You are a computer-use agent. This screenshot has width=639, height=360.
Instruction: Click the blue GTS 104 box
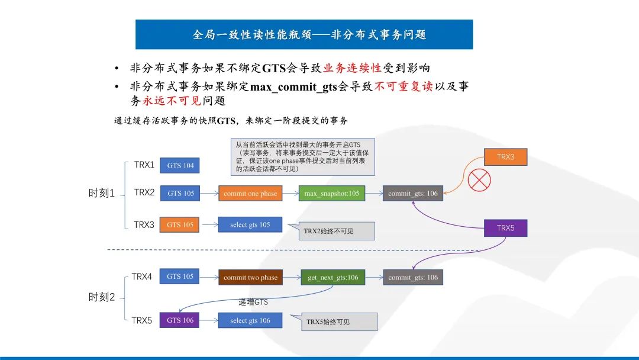(x=180, y=165)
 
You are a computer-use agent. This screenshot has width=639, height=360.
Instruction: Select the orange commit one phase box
(x=250, y=194)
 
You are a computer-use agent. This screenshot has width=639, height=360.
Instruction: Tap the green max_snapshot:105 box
(x=331, y=194)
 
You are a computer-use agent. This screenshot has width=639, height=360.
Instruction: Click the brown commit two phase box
(x=250, y=277)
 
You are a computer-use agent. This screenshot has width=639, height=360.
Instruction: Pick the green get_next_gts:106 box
(x=333, y=277)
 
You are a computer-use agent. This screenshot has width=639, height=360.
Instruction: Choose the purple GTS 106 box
(x=180, y=320)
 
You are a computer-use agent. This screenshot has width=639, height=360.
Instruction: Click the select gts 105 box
(x=250, y=224)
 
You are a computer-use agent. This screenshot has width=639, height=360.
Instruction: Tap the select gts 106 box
(x=250, y=320)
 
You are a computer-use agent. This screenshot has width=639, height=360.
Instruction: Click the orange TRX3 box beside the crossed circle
(x=505, y=157)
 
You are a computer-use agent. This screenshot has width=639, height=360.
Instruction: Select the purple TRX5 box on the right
(x=505, y=228)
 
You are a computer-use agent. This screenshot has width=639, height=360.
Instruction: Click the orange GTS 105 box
(x=180, y=224)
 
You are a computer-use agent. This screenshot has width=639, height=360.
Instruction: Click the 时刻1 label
(x=101, y=194)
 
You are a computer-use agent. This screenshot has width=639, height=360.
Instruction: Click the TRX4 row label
(x=142, y=277)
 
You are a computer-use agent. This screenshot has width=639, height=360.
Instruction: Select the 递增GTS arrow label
(x=253, y=302)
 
